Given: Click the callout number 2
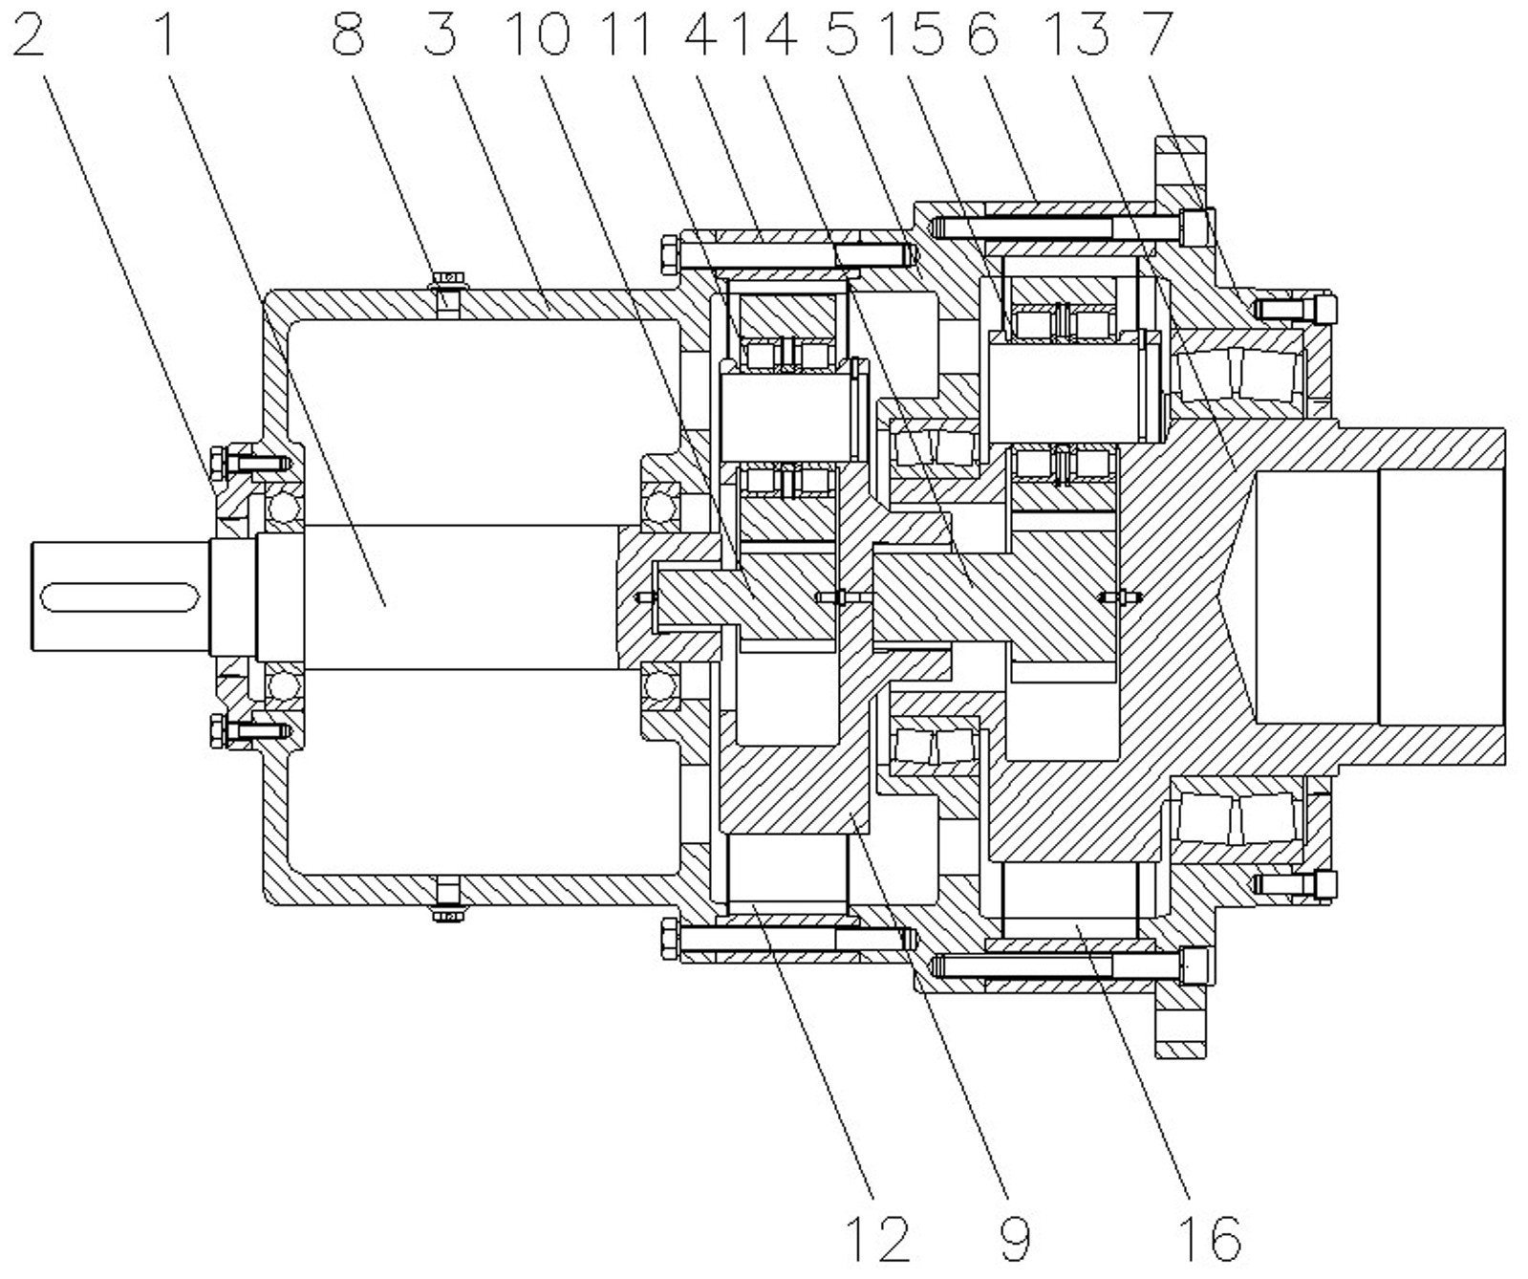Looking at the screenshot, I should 29,35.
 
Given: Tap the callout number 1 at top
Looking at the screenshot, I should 165,35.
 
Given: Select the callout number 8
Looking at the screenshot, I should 349,35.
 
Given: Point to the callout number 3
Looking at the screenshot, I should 441,35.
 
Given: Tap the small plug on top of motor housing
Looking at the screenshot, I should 447,280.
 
